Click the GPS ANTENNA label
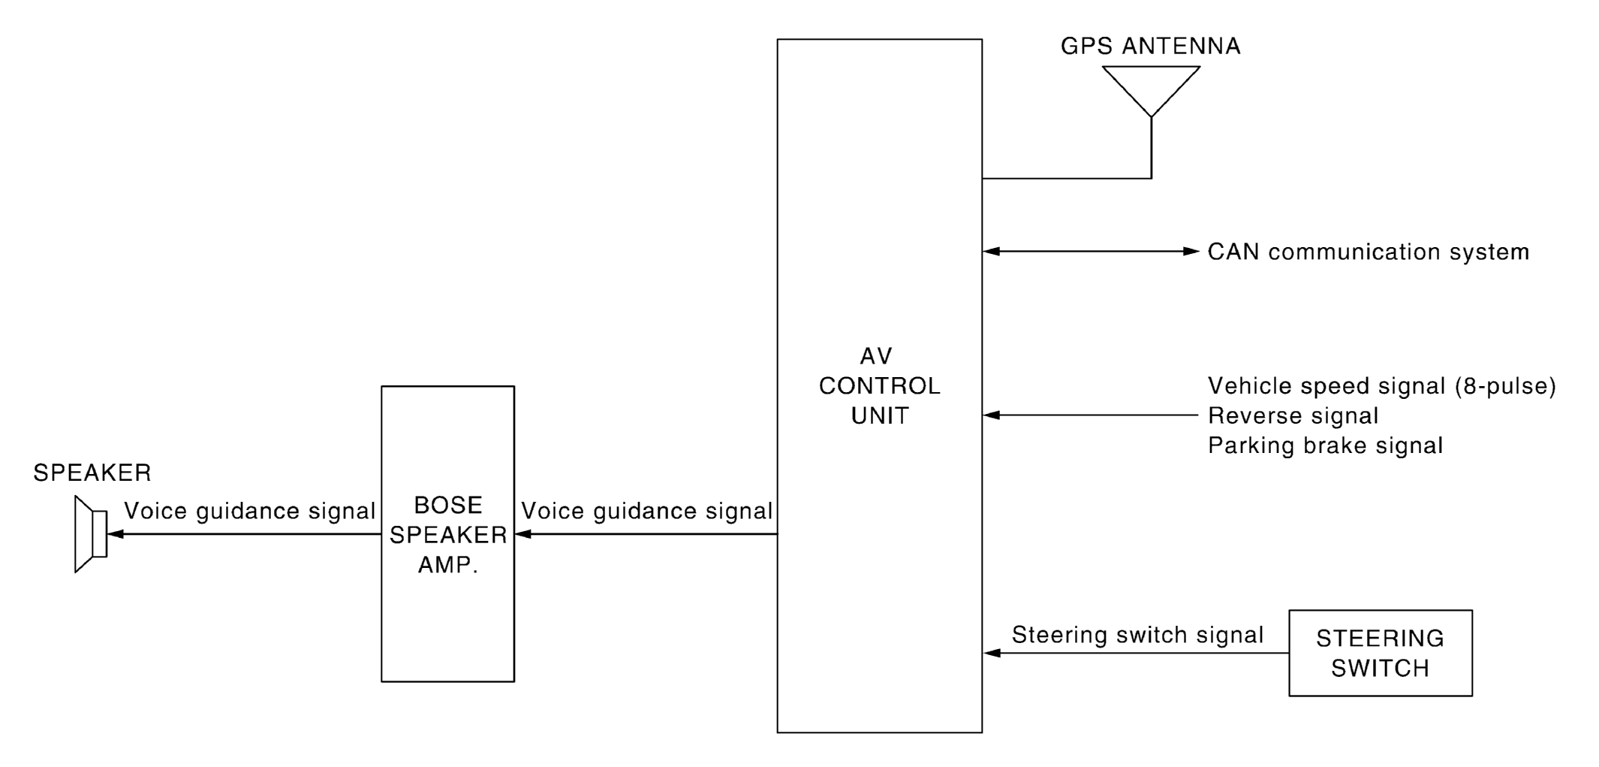[x=1150, y=47]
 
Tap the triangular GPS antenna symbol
[x=1150, y=86]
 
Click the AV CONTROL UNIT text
[x=879, y=385]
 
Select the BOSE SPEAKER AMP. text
[x=448, y=534]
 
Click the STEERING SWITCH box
[x=1380, y=653]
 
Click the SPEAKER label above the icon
[x=92, y=473]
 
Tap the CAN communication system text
[x=1368, y=252]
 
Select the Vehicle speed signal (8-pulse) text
[x=1381, y=386]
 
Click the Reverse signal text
[x=1293, y=415]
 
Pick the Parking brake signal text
[x=1325, y=445]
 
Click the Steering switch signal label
[x=1137, y=635]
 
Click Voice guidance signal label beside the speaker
[x=249, y=511]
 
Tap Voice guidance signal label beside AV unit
[x=646, y=511]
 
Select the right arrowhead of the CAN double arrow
[x=1191, y=252]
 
